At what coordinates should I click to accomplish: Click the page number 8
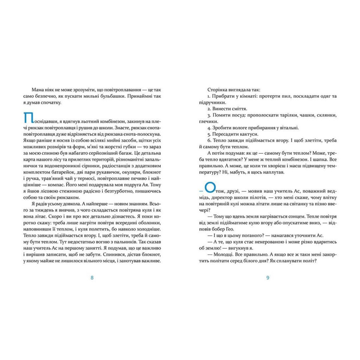pos(92,277)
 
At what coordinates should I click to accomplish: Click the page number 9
pos(268,277)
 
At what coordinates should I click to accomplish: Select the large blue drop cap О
pos(209,188)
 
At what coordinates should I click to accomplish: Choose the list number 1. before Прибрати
pos(208,96)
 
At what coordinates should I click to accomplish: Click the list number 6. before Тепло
pos(208,140)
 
